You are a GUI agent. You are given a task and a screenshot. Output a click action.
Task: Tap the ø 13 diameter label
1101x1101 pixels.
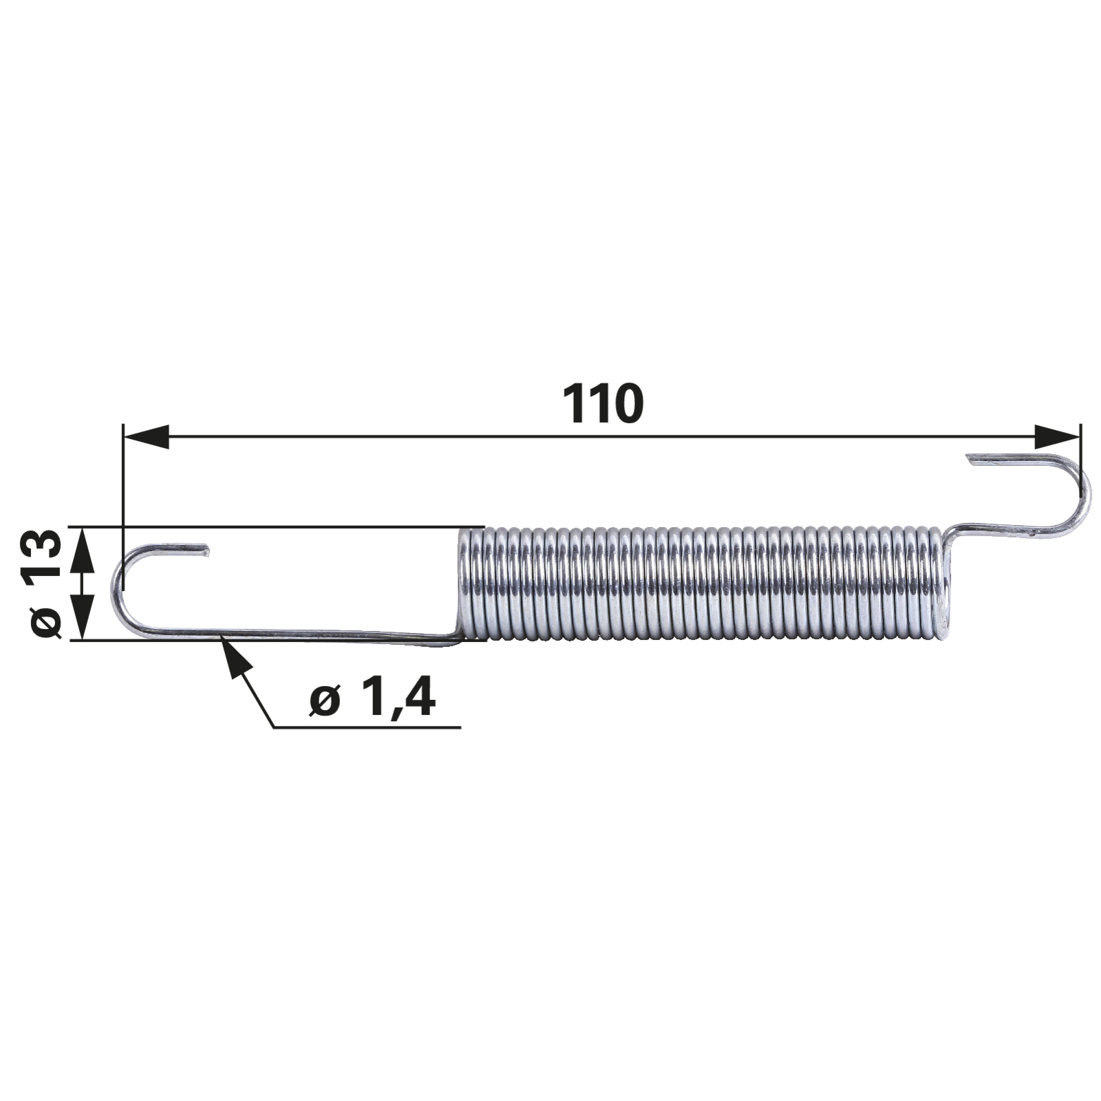click(45, 583)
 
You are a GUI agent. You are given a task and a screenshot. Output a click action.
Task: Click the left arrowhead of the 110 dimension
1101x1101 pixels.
click(146, 436)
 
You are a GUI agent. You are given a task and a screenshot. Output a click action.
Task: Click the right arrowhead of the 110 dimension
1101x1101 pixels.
click(1057, 436)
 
